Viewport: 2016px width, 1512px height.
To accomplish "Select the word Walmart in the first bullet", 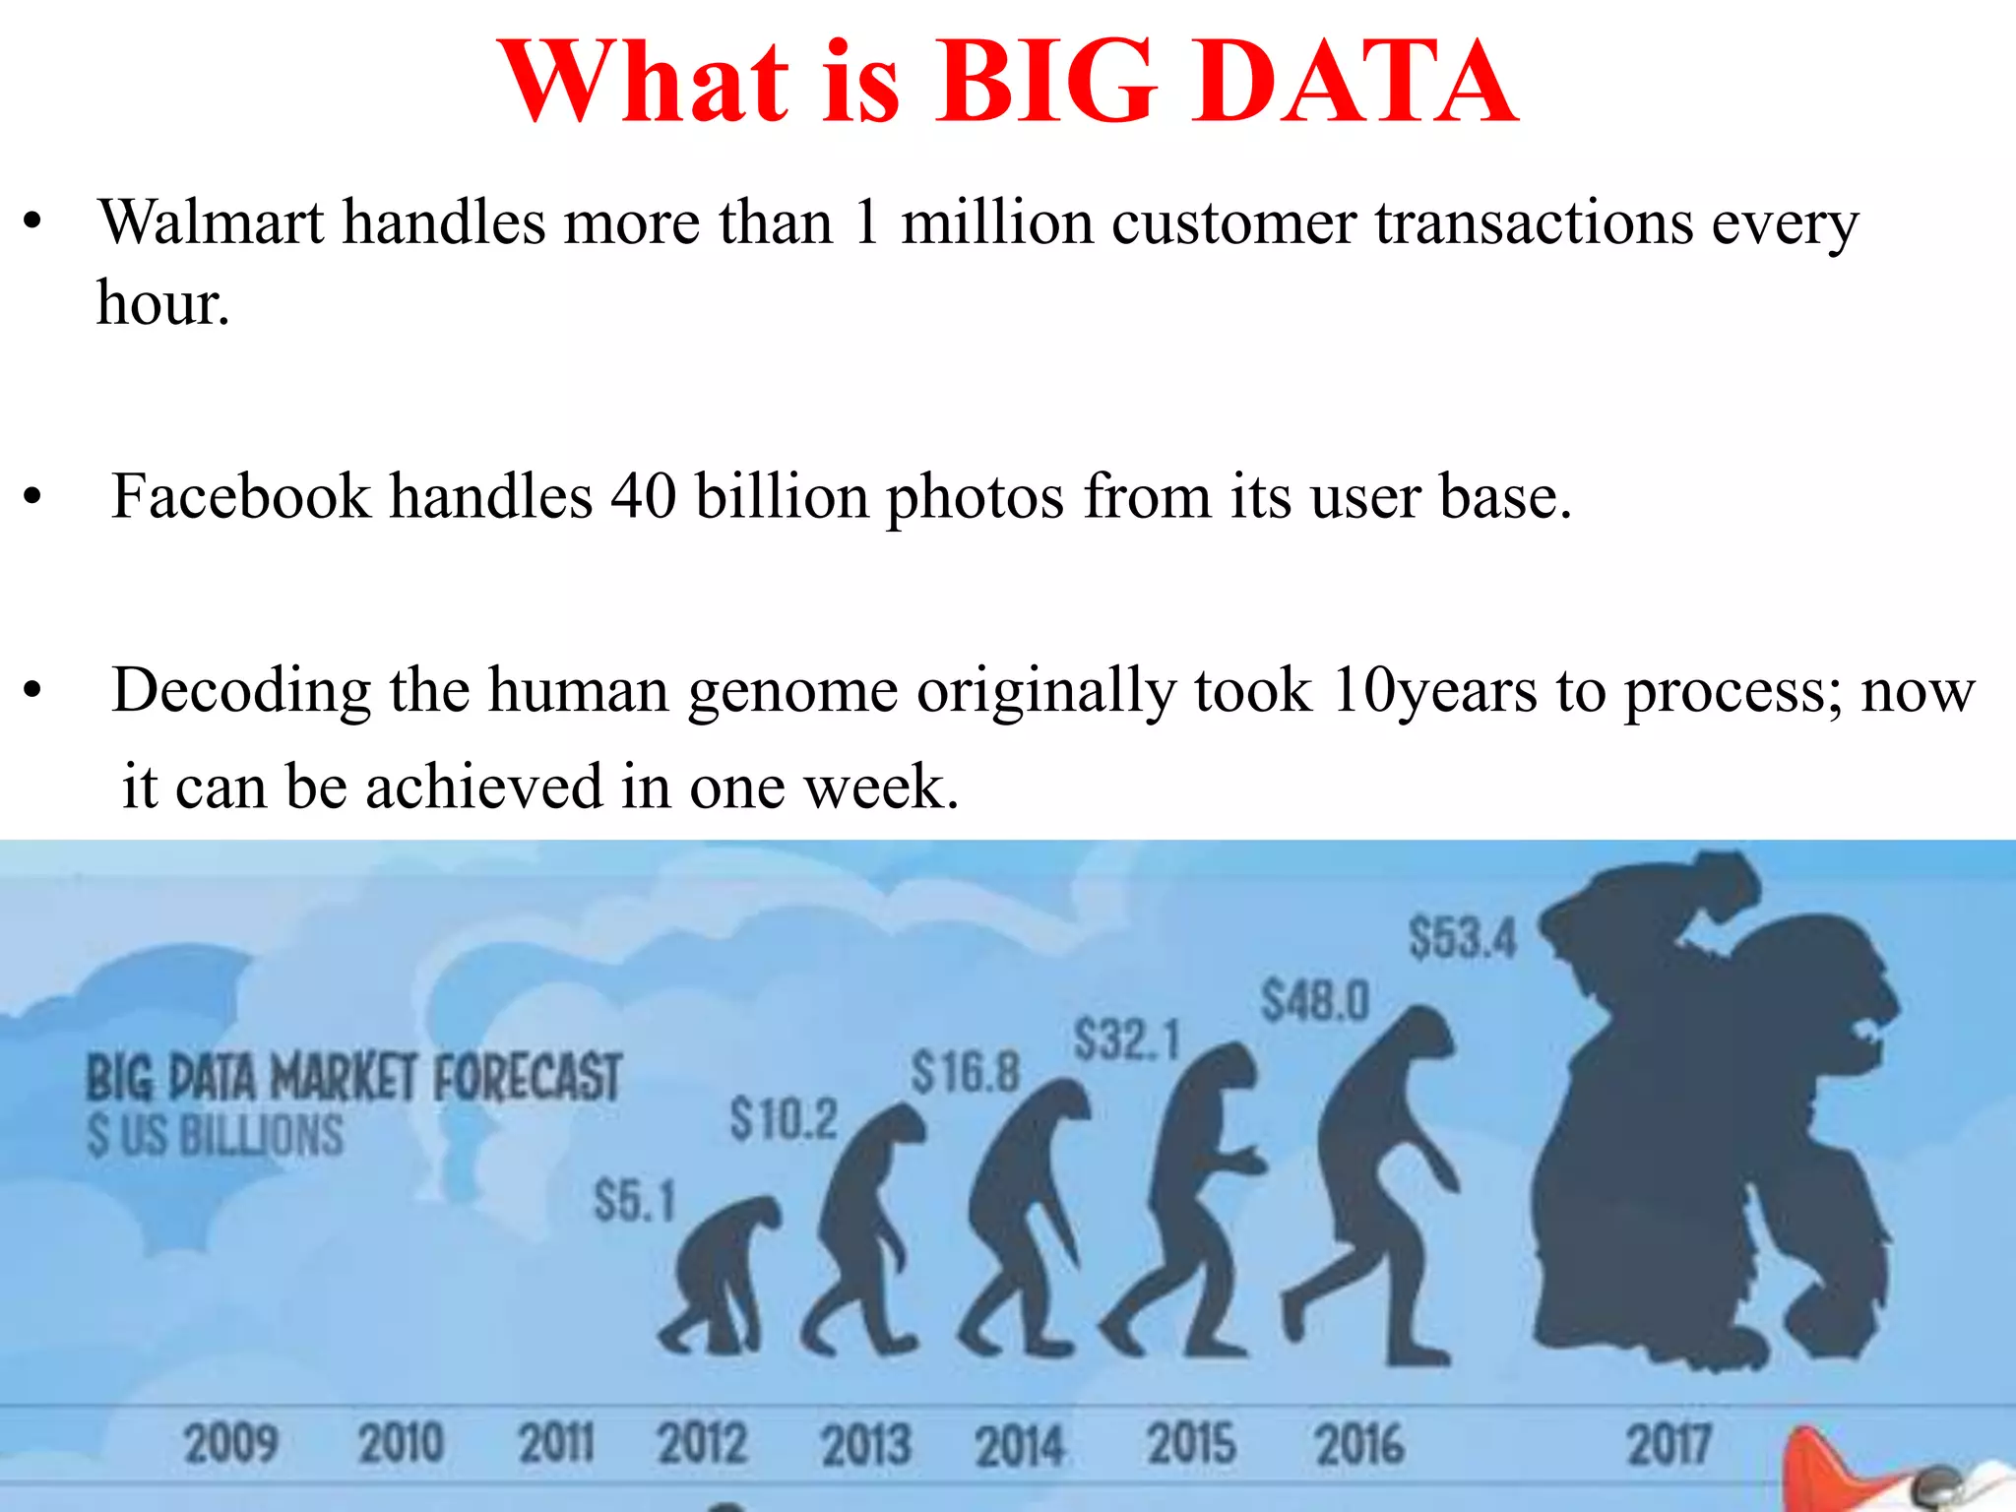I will (x=211, y=222).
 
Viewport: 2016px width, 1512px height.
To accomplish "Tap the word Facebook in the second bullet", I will (x=240, y=496).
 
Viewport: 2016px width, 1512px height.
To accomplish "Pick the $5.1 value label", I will (x=635, y=1202).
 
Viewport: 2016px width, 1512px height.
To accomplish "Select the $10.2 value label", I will (x=784, y=1120).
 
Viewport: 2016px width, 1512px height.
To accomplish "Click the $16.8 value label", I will (x=966, y=1072).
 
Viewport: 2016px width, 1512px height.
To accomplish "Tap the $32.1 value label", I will (x=1127, y=1040).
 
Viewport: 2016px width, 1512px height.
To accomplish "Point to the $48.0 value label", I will (x=1315, y=1002).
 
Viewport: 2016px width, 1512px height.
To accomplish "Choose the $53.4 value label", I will (x=1463, y=937).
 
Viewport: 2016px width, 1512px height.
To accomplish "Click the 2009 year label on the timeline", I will (x=231, y=1444).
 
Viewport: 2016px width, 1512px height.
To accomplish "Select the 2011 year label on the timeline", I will (x=556, y=1444).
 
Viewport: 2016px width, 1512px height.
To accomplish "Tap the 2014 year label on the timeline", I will (x=1020, y=1446).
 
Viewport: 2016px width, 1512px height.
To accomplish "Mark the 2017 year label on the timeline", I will (x=1669, y=1444).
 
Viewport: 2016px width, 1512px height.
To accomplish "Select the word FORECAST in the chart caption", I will (x=528, y=1077).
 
